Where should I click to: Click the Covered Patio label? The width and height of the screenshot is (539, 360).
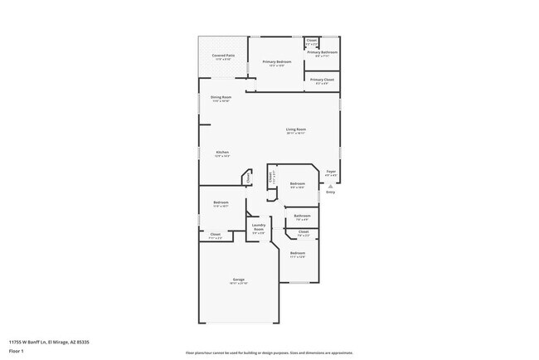click(224, 56)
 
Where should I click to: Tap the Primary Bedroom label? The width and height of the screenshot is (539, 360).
click(277, 62)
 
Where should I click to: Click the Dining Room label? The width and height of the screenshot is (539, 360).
click(221, 97)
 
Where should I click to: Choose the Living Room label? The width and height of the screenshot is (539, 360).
click(296, 129)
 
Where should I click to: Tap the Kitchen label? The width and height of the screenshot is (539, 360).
click(222, 152)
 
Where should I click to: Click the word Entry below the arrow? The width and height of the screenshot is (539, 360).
click(331, 192)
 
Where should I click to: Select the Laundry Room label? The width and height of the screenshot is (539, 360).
click(259, 226)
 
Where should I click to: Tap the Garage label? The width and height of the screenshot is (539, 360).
click(239, 280)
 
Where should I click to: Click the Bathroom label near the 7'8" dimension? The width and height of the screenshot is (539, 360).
click(302, 216)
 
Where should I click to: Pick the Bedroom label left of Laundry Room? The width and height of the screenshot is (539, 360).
click(221, 202)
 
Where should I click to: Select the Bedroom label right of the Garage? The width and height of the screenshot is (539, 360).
click(297, 252)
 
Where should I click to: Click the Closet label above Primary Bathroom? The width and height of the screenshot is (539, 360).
click(312, 40)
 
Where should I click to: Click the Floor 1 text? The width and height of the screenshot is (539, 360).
click(17, 351)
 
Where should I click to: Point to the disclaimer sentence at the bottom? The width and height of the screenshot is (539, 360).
click(269, 353)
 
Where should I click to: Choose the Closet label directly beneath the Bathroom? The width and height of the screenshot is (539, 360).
click(303, 231)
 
